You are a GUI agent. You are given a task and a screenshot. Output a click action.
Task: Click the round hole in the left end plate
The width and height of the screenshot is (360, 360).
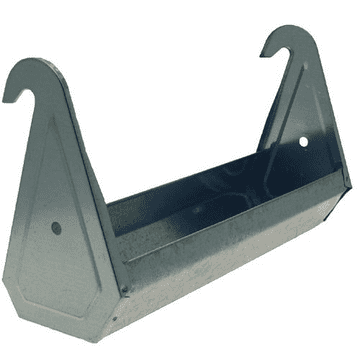coord(56,227)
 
